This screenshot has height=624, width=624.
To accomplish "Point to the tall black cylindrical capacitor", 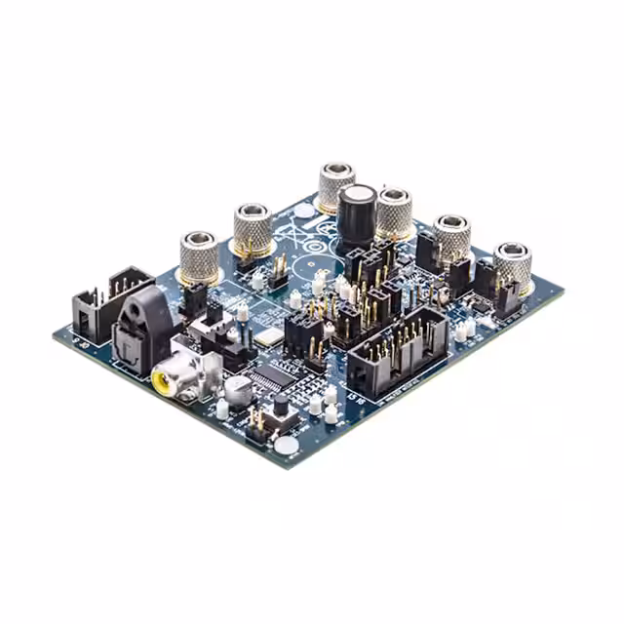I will coord(357,214).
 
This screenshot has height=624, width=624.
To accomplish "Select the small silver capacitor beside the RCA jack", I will coord(237,389).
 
